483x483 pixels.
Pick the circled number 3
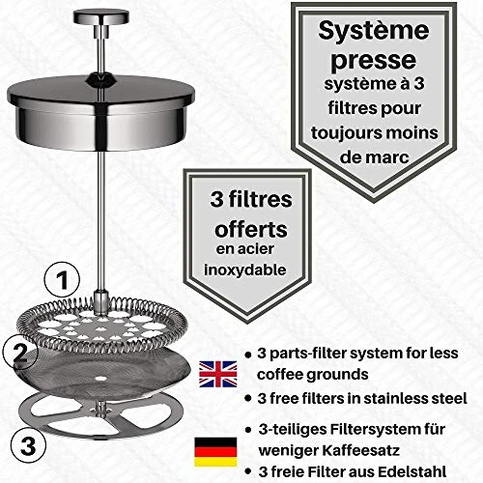click(30, 446)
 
